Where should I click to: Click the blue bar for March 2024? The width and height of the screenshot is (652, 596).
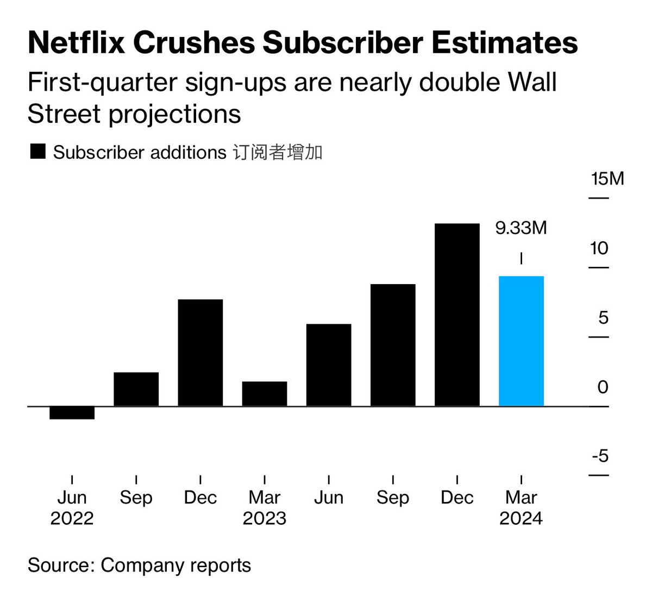click(x=521, y=341)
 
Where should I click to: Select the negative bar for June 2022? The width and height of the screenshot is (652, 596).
click(x=72, y=413)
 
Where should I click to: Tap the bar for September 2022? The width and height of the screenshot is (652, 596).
click(x=136, y=389)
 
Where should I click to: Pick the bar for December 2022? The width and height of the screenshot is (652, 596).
click(x=200, y=353)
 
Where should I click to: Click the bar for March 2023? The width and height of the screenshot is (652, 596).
click(x=264, y=394)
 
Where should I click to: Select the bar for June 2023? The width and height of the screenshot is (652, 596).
click(x=328, y=365)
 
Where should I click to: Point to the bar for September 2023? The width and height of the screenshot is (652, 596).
click(x=392, y=345)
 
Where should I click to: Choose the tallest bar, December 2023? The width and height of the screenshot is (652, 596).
click(x=457, y=315)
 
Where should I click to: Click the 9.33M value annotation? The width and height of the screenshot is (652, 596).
click(x=521, y=228)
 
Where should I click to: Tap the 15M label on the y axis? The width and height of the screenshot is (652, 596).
click(x=607, y=179)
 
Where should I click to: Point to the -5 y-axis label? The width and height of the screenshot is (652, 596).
click(x=600, y=455)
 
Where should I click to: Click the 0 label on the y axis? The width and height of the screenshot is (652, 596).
click(x=603, y=387)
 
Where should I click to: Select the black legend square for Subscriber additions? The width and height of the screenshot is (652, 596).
click(x=37, y=152)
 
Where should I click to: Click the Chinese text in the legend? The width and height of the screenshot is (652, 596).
click(x=277, y=152)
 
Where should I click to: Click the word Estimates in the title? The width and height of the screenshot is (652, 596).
click(x=505, y=43)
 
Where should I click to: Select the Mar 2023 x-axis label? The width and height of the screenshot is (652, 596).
click(x=264, y=507)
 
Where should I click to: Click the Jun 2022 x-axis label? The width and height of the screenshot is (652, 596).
click(x=72, y=507)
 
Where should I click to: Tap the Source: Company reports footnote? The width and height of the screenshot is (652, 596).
click(x=139, y=565)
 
